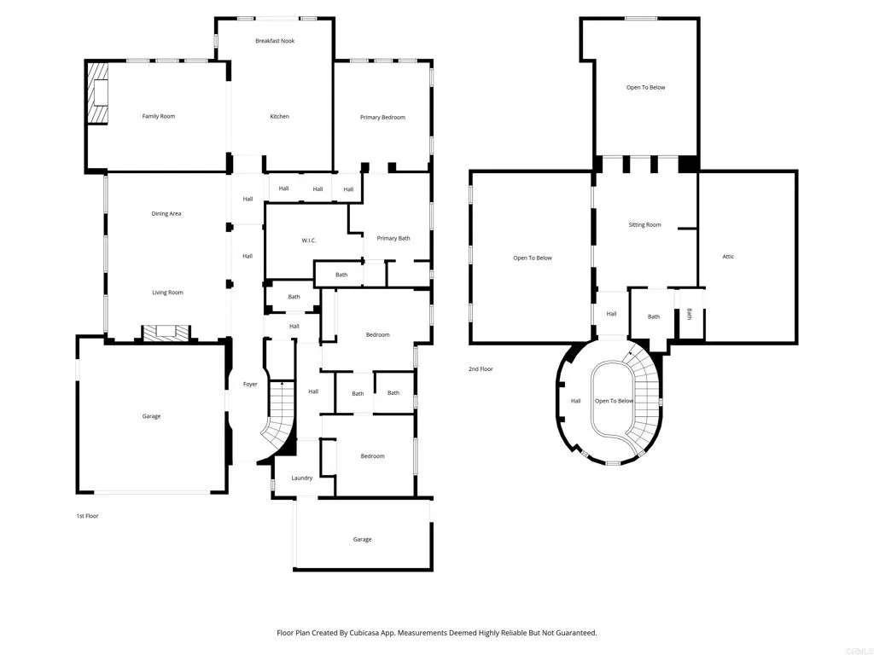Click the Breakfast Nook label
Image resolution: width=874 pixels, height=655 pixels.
point(275,41)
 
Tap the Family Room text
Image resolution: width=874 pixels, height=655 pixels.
point(158,116)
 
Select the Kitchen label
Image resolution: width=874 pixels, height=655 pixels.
point(279,116)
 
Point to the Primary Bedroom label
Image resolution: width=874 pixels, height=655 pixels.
point(382,117)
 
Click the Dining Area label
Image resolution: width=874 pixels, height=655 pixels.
point(166,213)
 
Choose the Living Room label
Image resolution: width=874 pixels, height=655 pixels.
point(167,293)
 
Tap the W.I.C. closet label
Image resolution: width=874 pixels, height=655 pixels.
point(309,241)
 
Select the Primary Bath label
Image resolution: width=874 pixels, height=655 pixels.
point(393,238)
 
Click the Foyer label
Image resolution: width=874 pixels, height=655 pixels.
point(250,385)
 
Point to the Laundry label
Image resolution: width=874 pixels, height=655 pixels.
point(302,478)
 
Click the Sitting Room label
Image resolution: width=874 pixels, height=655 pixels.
point(644,225)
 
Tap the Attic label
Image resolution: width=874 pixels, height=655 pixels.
point(728,257)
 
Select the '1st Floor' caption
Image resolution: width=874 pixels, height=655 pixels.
point(86,516)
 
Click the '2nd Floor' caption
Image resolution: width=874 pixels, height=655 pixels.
point(481,369)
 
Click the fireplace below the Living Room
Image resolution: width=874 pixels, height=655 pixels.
point(162,333)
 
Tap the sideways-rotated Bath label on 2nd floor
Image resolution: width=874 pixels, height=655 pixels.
point(690,315)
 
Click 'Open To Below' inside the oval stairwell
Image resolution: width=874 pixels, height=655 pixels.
point(615,401)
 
